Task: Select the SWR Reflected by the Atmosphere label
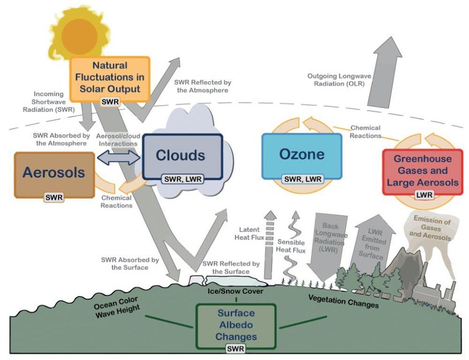click(x=202, y=86)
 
